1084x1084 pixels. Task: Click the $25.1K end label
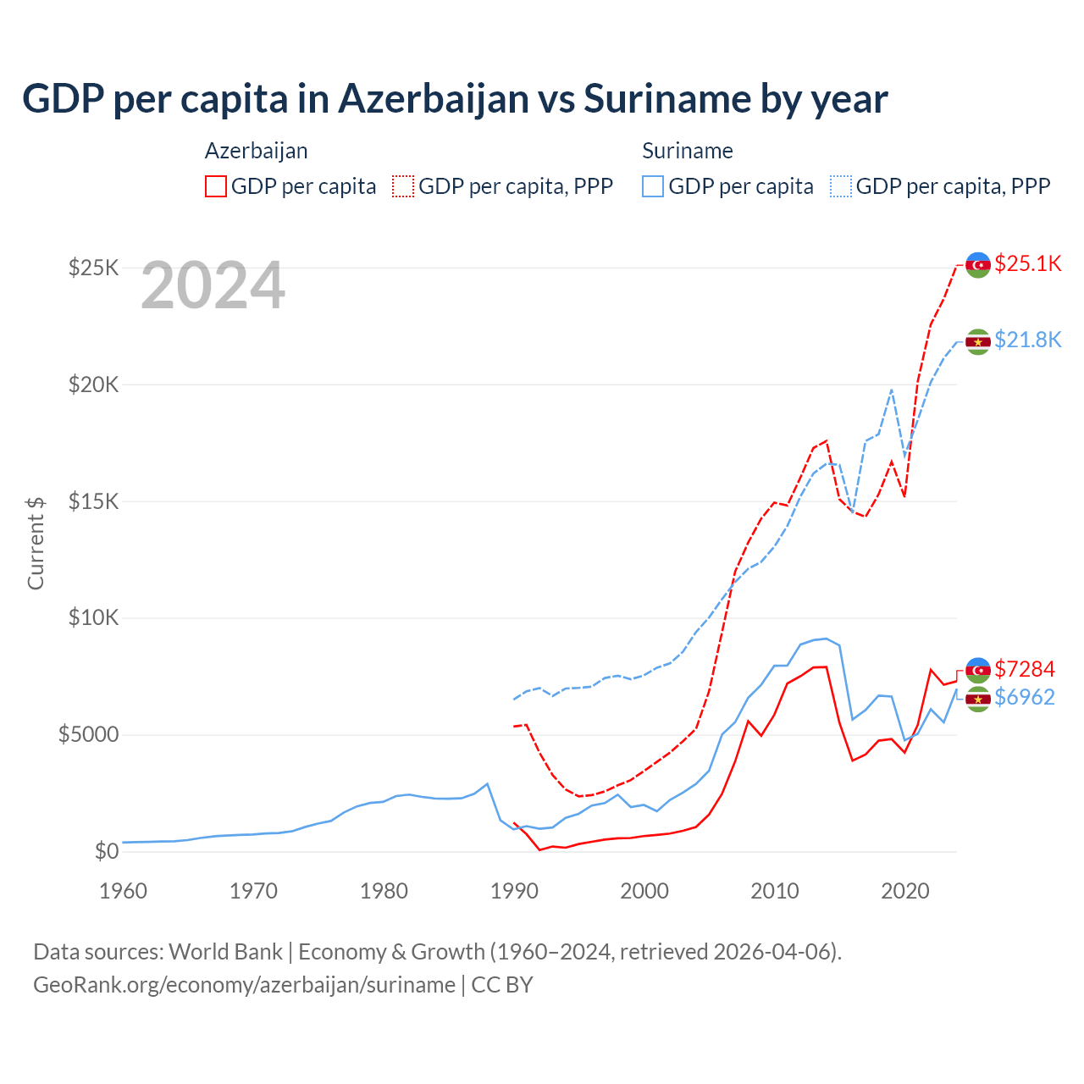(x=1027, y=263)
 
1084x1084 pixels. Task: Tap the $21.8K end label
(x=1027, y=340)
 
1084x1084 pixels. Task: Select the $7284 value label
(x=1024, y=669)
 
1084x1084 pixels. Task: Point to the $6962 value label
(x=1024, y=697)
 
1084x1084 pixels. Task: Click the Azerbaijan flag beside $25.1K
(x=978, y=265)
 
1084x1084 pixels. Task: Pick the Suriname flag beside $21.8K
(x=978, y=341)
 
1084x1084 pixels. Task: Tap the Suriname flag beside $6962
(x=978, y=700)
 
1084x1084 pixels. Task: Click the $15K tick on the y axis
(x=94, y=501)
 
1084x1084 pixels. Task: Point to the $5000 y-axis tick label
(x=89, y=734)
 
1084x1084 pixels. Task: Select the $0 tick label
(x=106, y=851)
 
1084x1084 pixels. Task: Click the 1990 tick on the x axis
(x=514, y=891)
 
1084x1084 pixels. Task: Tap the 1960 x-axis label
(x=124, y=891)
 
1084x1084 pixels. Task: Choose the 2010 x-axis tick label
(x=775, y=891)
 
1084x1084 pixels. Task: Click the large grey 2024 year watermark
(x=213, y=285)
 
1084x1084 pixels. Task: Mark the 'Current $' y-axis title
(x=36, y=542)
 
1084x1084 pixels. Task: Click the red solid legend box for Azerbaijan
(x=216, y=186)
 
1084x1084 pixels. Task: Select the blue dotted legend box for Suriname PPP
(x=841, y=186)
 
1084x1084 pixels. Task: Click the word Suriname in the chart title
(x=665, y=99)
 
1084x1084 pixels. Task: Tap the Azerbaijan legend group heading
(x=257, y=151)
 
